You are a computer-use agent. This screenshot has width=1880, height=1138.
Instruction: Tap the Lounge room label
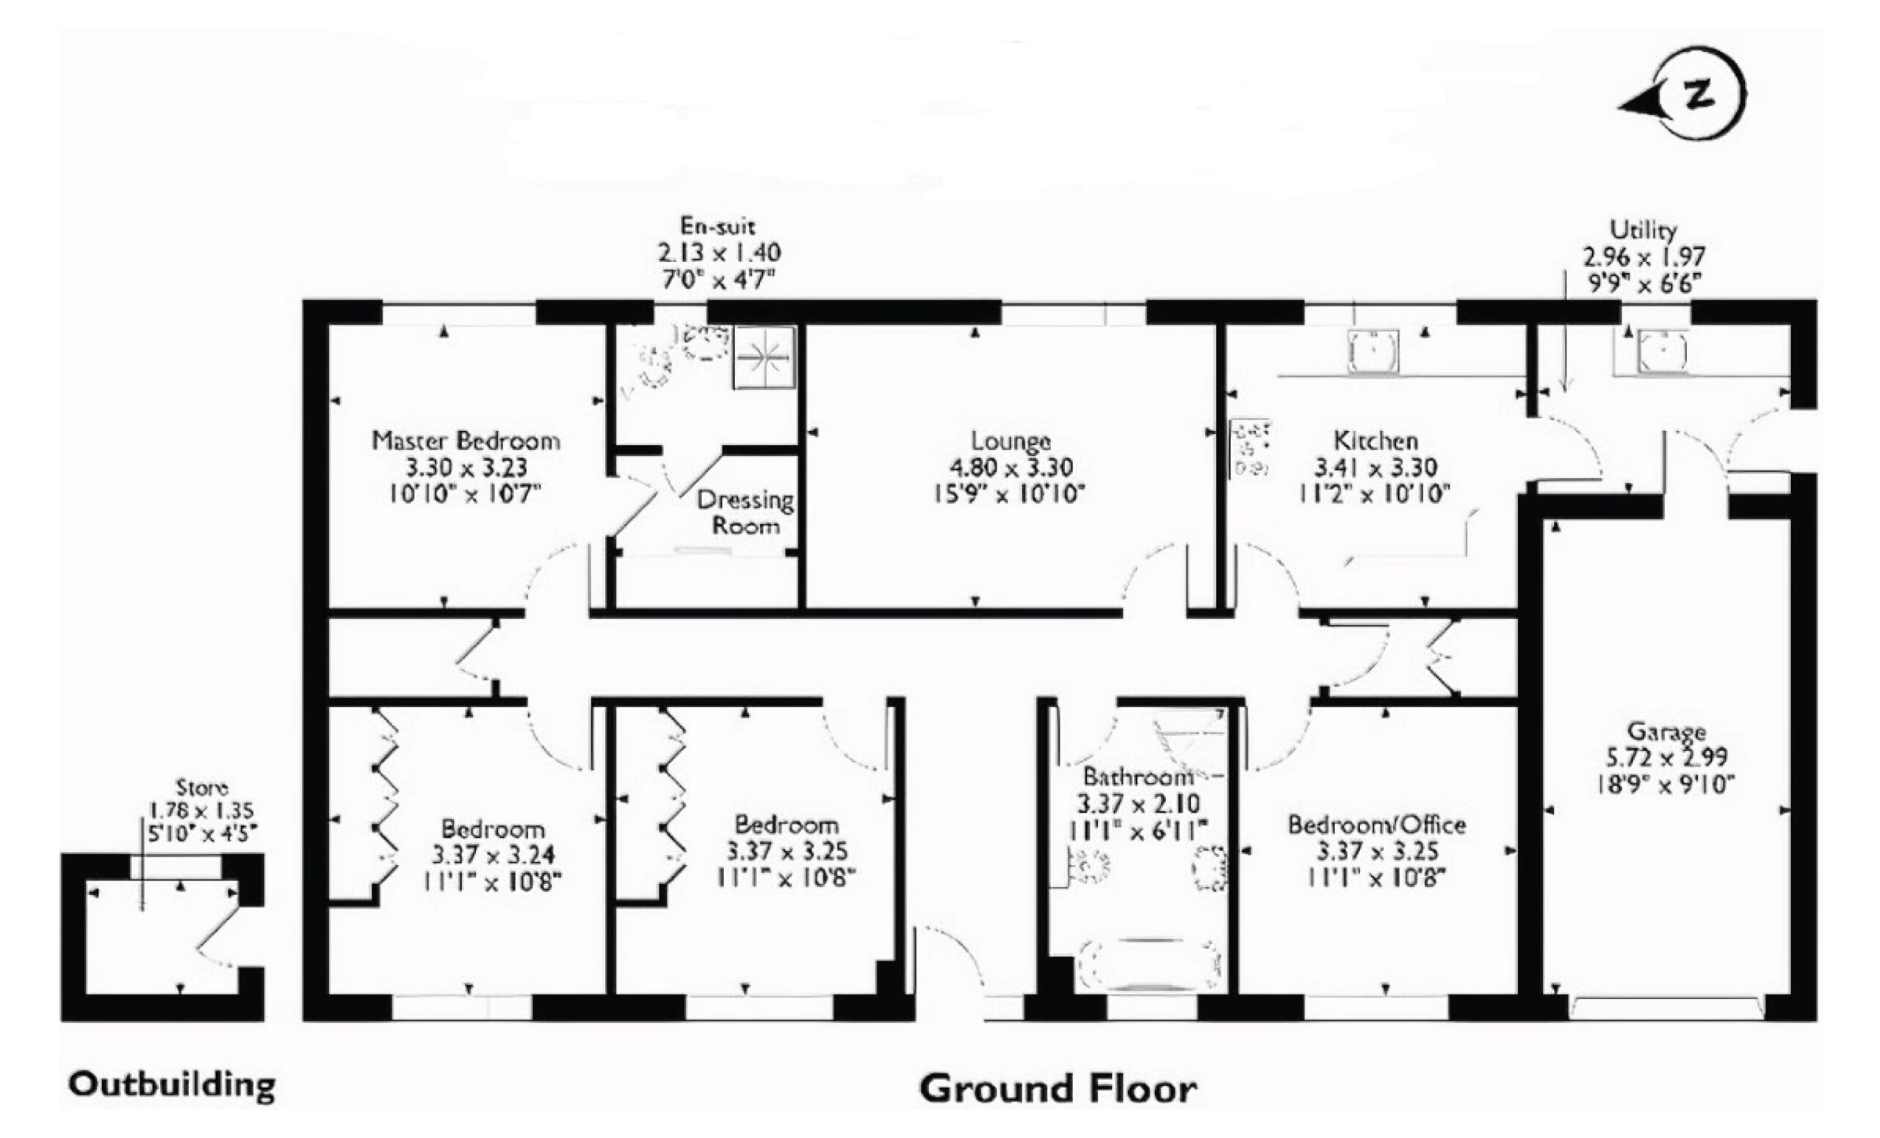point(1010,441)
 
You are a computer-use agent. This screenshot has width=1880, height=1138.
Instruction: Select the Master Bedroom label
point(466,440)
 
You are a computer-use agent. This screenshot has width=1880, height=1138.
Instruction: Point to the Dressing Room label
point(745,512)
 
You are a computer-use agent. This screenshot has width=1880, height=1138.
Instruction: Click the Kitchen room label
point(1375,440)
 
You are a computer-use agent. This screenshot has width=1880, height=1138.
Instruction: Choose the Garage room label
point(1666,731)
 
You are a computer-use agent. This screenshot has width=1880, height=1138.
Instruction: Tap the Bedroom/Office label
point(1376,824)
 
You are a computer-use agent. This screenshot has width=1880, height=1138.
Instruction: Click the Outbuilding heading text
point(172,1084)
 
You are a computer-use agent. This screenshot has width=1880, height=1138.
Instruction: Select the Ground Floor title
point(1057,1088)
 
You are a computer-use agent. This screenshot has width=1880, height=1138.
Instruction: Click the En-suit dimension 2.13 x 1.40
point(719,252)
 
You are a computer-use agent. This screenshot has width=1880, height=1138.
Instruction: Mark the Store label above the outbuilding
point(202,786)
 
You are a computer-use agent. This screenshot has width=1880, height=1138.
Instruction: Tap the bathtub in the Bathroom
point(1150,965)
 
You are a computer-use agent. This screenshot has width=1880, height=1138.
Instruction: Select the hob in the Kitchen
point(1249,449)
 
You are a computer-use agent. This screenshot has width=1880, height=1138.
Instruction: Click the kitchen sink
point(1373,352)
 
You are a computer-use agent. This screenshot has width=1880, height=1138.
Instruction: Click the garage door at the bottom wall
point(1666,1008)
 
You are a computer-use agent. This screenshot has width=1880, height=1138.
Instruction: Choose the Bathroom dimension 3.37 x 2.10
point(1138,803)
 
